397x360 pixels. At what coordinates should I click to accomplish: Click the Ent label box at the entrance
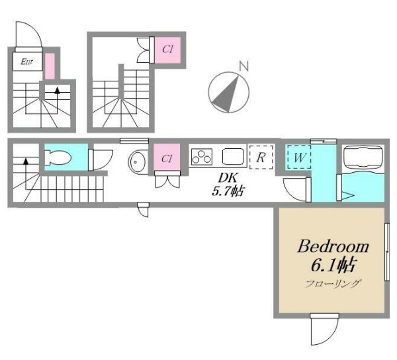(x=27, y=62)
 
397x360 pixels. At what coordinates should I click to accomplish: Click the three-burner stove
(x=202, y=157)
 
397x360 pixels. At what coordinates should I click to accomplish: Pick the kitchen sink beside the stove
(x=233, y=157)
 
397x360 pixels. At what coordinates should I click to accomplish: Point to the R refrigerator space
(x=261, y=157)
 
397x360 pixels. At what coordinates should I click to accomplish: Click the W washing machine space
(x=299, y=157)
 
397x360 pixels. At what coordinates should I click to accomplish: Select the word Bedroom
(x=333, y=246)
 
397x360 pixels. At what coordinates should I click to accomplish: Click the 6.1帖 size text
(x=333, y=265)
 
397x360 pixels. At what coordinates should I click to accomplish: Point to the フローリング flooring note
(x=332, y=283)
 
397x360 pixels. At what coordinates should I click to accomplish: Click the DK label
(x=228, y=178)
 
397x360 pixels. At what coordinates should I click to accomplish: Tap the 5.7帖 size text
(x=228, y=191)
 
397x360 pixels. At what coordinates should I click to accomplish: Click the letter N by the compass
(x=244, y=66)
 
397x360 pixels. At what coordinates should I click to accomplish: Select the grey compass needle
(x=226, y=94)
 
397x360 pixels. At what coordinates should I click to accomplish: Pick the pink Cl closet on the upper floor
(x=167, y=50)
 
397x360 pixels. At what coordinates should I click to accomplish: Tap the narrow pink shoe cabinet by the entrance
(x=50, y=66)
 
